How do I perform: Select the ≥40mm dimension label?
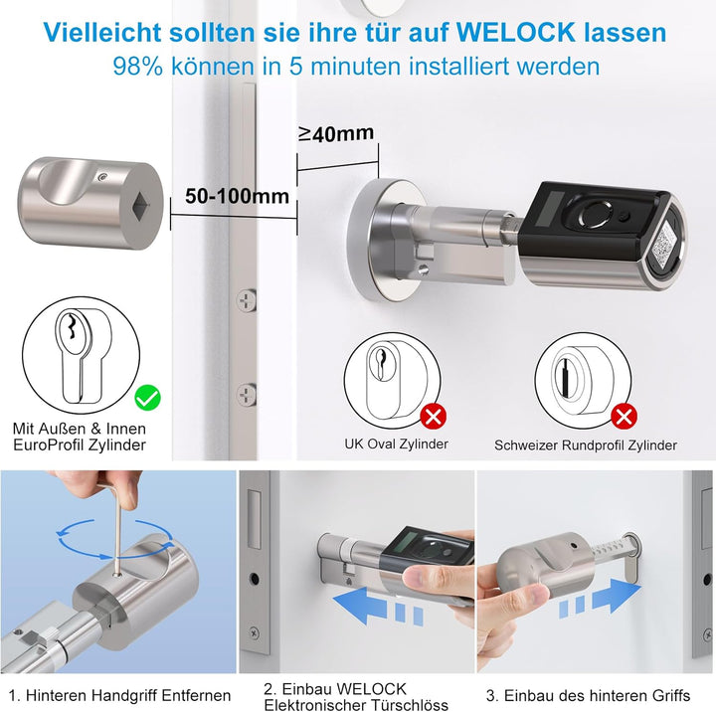pyautogui.click(x=335, y=133)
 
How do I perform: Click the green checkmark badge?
pyautogui.click(x=148, y=399)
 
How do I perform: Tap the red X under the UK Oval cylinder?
pyautogui.click(x=434, y=415)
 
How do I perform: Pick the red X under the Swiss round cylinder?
pyautogui.click(x=624, y=415)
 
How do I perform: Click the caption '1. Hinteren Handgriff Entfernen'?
pyautogui.click(x=119, y=694)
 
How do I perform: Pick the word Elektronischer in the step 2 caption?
pyautogui.click(x=313, y=706)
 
